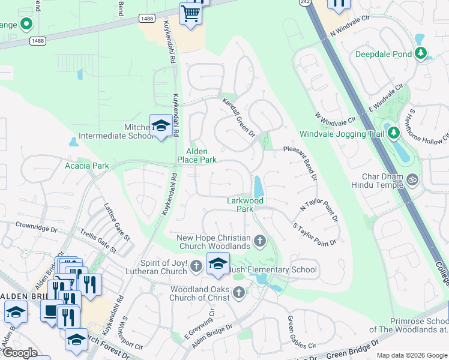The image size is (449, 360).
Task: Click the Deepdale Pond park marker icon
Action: coord(421,54)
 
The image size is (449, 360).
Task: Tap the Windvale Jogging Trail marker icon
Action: coord(393,133)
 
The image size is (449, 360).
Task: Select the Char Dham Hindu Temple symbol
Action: coord(412,179)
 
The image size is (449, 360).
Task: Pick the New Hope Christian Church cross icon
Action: coord(260,241)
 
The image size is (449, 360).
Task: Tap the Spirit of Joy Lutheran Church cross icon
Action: coord(196,266)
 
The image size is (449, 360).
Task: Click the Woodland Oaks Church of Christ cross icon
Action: coord(238,292)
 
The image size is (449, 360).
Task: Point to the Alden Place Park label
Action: coord(196,156)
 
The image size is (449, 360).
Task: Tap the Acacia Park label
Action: coord(87,166)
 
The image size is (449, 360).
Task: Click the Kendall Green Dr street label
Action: coord(239,117)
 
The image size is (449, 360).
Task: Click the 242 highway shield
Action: coord(304,3)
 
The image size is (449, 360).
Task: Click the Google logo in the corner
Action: coord(20,353)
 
